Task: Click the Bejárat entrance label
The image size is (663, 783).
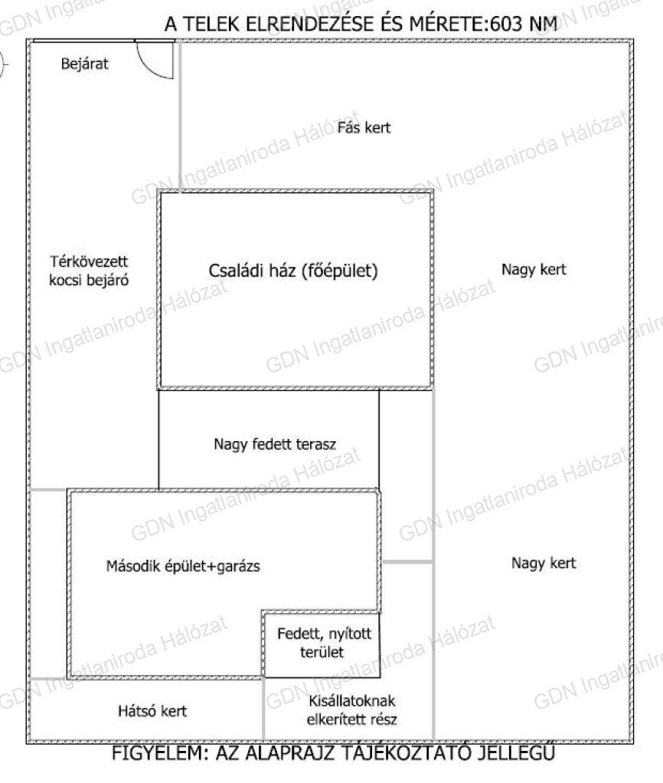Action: tap(84, 64)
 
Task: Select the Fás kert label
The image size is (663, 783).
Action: tap(364, 128)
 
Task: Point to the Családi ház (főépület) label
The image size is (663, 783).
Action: tap(293, 271)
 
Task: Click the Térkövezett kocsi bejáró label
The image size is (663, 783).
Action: tap(89, 271)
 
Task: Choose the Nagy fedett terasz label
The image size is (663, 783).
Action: tap(275, 444)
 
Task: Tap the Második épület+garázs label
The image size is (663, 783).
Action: tap(183, 567)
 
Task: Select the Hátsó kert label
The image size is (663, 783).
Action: tap(152, 710)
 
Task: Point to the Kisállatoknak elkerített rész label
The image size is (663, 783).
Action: tap(351, 710)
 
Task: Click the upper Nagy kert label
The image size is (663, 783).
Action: tap(534, 270)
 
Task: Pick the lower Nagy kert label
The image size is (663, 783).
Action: tap(544, 564)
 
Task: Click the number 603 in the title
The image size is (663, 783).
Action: tap(506, 24)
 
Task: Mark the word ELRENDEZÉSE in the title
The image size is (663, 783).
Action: tap(309, 24)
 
